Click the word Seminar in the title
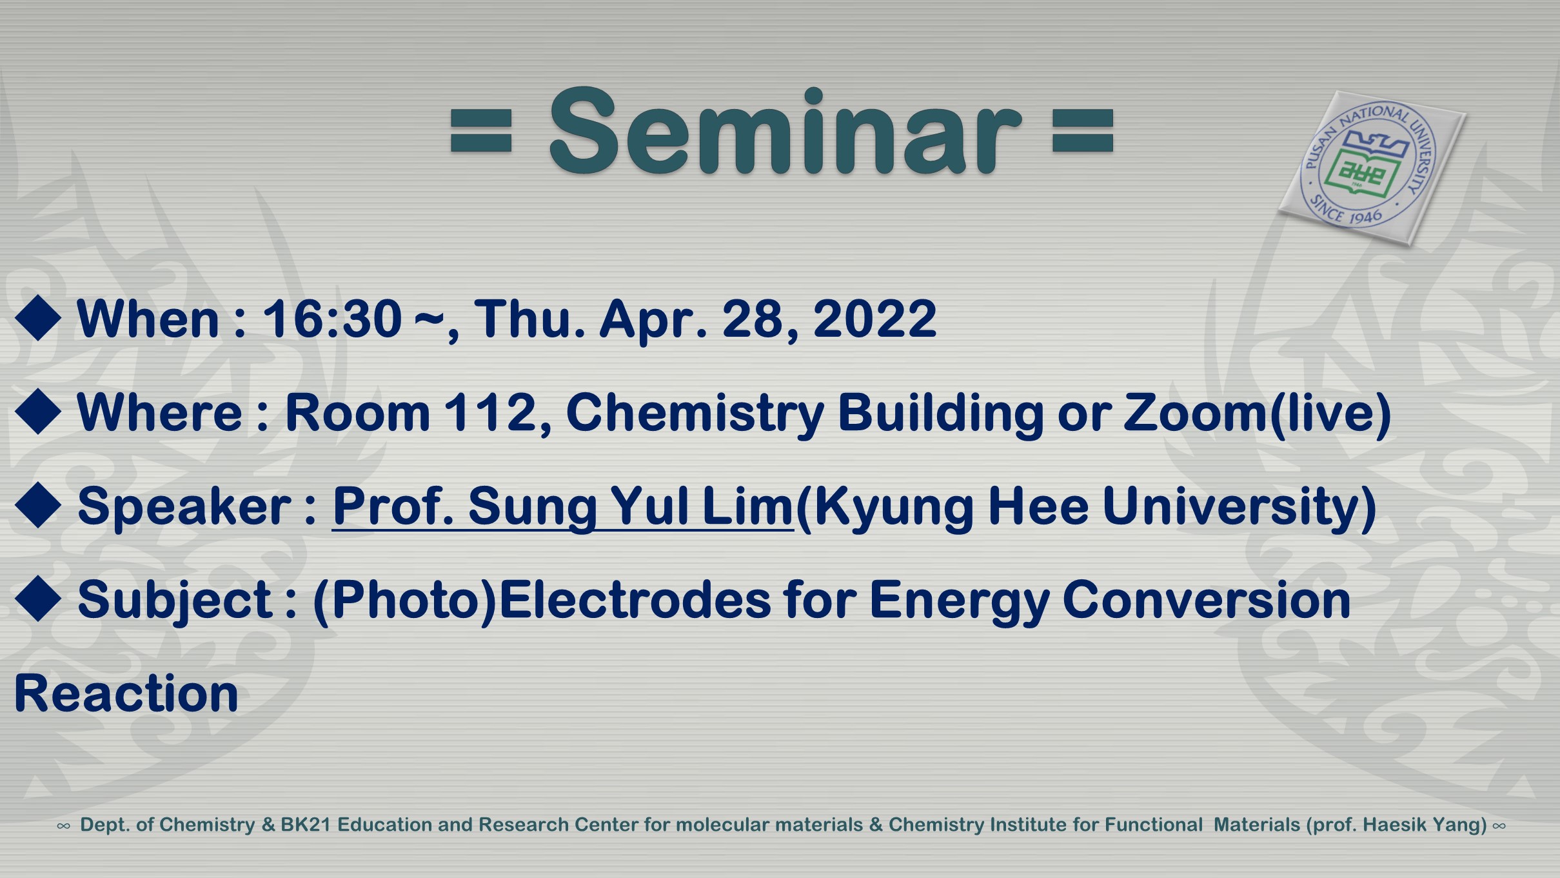click(785, 130)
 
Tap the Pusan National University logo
click(1372, 168)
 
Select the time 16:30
click(332, 319)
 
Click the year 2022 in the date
click(875, 319)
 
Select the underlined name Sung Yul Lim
click(631, 507)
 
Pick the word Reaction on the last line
click(126, 694)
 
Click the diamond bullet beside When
click(38, 317)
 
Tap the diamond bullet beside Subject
click(38, 599)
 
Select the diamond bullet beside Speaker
click(38, 505)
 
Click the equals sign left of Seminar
click(481, 131)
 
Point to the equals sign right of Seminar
click(1083, 131)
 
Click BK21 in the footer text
click(306, 825)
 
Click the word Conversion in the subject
click(1206, 600)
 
